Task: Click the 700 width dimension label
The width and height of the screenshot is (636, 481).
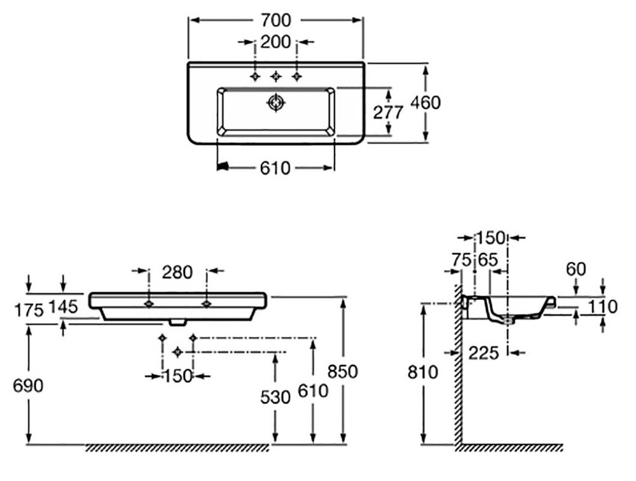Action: (x=275, y=20)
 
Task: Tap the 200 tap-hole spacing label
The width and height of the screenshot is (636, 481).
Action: (x=275, y=43)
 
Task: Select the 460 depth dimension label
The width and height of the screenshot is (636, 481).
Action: (x=425, y=103)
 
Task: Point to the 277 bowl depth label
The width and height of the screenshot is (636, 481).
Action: (x=388, y=113)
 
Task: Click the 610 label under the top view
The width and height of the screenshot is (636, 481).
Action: (x=275, y=168)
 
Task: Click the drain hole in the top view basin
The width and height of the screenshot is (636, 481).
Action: (x=275, y=102)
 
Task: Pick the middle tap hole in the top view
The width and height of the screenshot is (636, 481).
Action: (x=275, y=77)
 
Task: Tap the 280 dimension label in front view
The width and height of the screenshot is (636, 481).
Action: (x=177, y=272)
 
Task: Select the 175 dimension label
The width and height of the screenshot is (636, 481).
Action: (x=29, y=310)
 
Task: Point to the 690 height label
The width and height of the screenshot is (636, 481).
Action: (x=29, y=385)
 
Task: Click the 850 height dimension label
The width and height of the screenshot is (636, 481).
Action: (x=343, y=371)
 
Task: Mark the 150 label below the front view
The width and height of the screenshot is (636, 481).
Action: (x=177, y=376)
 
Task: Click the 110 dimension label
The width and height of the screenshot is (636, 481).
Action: (x=602, y=307)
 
